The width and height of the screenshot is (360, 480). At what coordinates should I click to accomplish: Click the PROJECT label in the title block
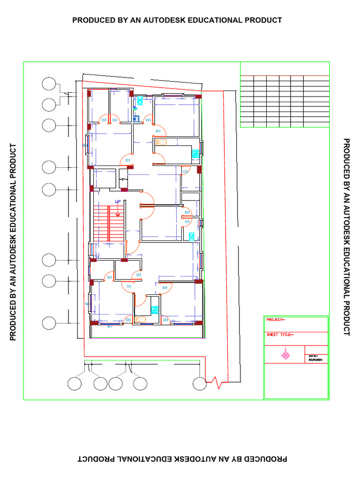point(275,320)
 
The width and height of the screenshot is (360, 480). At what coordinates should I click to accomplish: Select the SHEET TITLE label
point(280,335)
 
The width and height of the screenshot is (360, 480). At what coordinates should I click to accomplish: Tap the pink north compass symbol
point(285,356)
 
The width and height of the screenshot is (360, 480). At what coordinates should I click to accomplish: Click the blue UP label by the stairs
point(118,202)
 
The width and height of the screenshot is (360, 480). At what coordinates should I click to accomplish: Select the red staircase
point(108,224)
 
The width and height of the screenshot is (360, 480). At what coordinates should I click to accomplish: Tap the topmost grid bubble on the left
point(49,84)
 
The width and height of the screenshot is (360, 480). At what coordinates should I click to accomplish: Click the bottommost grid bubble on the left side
point(49,323)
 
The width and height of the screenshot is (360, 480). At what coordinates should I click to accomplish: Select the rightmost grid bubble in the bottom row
point(200,383)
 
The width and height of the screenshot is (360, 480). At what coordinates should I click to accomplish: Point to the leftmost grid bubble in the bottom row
point(74,383)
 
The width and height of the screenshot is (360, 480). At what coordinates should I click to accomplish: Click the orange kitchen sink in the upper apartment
point(161,142)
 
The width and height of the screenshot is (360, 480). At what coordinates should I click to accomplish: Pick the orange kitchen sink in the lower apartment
point(140,319)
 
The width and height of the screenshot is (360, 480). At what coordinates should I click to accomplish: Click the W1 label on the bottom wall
point(110,326)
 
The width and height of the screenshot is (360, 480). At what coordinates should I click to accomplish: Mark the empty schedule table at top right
point(284,101)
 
